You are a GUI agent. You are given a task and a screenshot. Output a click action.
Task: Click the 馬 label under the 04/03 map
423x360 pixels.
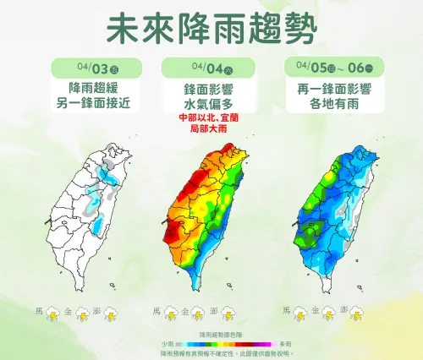[x=40, y=311]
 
